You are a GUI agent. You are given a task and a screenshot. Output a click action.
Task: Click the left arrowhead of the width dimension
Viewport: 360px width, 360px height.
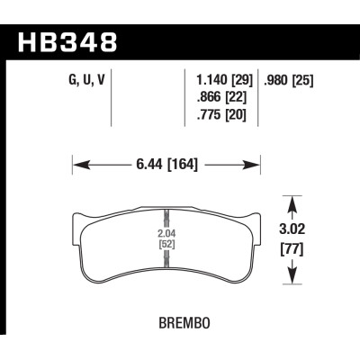click(76, 164)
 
